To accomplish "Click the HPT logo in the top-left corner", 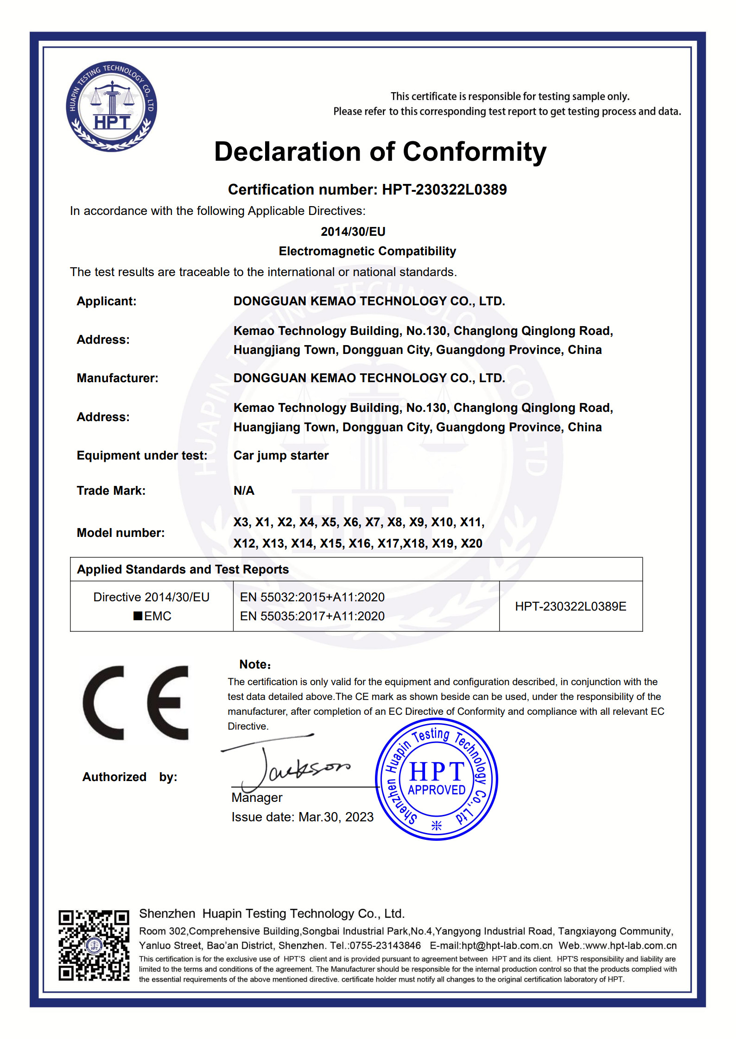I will (x=111, y=107).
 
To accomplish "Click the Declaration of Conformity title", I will (x=380, y=152).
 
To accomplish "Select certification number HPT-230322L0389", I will (x=444, y=189).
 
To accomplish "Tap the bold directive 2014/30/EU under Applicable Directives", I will (x=353, y=232).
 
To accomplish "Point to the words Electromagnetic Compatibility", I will (x=367, y=251).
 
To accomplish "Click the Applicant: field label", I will (x=107, y=301).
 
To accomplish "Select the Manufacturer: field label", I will (x=117, y=378).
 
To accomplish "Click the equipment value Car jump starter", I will (x=281, y=455).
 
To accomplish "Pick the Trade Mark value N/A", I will (x=244, y=491).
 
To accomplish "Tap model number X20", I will (x=471, y=543).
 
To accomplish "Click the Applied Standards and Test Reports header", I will (x=183, y=569).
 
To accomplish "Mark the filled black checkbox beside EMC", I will (x=138, y=616).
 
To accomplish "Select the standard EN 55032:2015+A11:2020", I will (x=312, y=597).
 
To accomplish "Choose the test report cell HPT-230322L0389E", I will (x=571, y=606).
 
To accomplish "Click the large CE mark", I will (x=135, y=703).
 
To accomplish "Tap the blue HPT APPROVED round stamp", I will (x=436, y=779).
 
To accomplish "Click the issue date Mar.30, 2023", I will (x=336, y=817).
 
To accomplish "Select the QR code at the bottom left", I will (x=94, y=945).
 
